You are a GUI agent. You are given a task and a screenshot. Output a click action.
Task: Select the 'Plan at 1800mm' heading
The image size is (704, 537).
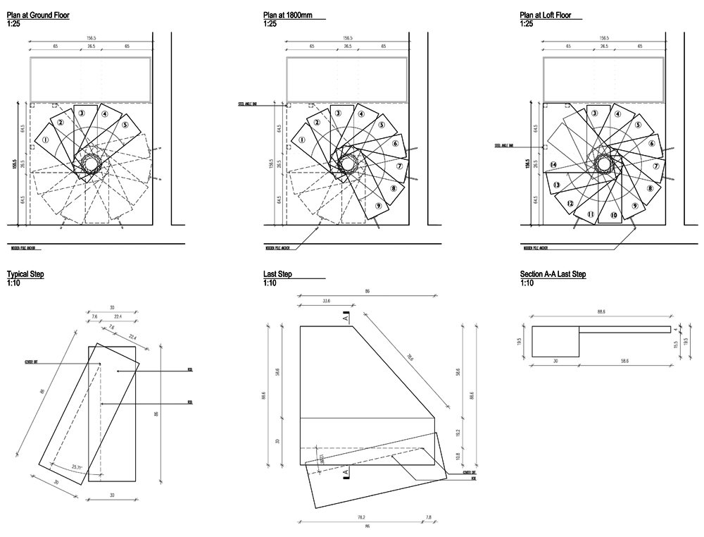click(288, 15)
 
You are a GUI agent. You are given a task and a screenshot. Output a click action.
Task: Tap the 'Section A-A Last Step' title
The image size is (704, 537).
click(553, 274)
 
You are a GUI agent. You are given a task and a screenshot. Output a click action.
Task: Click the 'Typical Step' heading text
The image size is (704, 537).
click(25, 274)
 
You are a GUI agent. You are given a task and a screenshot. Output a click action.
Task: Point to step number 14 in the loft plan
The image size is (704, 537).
click(554, 165)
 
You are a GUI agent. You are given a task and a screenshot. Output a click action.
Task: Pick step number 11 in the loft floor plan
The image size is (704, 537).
click(591, 214)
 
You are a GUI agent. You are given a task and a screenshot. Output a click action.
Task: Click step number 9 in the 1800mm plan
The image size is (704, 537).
click(379, 205)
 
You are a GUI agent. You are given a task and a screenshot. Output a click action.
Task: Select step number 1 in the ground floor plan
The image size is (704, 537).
click(46, 140)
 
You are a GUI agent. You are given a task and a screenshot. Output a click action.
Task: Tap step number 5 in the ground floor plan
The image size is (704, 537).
click(125, 125)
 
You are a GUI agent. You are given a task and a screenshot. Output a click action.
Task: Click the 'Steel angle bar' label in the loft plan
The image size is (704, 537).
click(504, 146)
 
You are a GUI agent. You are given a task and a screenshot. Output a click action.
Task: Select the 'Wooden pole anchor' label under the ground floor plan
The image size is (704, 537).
click(25, 248)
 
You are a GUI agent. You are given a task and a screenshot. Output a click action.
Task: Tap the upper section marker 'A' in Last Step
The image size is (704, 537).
click(346, 319)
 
